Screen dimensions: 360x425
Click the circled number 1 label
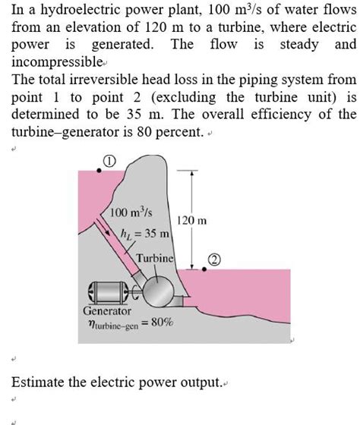click(109, 161)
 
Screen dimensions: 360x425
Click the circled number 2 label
click(214, 260)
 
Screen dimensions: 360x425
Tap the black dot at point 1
click(99, 171)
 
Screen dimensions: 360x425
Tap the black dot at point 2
click(204, 269)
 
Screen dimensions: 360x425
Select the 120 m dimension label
click(192, 220)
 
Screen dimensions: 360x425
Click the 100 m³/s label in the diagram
click(131, 212)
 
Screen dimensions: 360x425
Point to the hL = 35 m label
click(145, 234)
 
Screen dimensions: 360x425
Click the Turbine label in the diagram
click(155, 258)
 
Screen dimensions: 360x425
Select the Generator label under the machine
click(107, 311)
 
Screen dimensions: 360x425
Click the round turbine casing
click(158, 291)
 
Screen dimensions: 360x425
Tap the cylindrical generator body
click(109, 292)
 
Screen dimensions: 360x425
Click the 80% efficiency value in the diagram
click(163, 323)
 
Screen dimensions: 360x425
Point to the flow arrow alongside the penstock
click(103, 226)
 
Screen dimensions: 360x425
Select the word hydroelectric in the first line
click(81, 10)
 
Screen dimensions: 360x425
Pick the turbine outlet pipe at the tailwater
click(177, 301)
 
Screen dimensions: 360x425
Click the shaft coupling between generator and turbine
click(136, 291)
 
